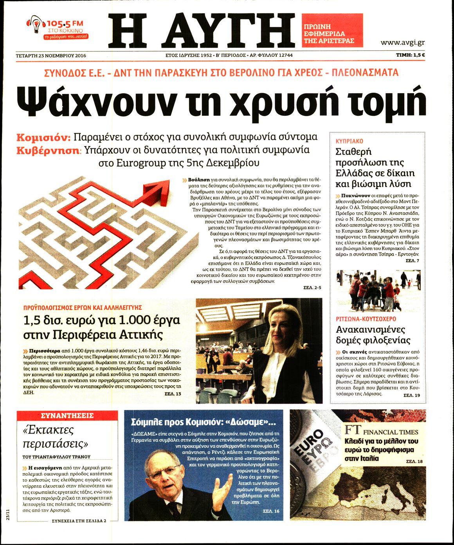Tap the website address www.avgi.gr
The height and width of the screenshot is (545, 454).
point(402,43)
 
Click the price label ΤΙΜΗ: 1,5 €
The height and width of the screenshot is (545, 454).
point(410,55)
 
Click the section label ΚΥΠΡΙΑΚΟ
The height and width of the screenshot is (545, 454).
point(350,141)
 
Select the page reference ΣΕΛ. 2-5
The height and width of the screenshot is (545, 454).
point(312,288)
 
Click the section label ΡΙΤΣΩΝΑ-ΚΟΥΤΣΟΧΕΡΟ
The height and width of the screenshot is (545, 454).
point(366,319)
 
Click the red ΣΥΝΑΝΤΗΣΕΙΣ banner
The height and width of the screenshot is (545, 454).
point(67,415)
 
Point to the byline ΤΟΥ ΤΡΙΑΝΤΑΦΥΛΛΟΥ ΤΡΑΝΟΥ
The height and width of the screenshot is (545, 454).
point(56,457)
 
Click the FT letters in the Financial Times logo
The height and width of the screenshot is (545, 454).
point(353,430)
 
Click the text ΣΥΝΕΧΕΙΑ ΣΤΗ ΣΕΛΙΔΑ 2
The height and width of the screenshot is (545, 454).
point(79,521)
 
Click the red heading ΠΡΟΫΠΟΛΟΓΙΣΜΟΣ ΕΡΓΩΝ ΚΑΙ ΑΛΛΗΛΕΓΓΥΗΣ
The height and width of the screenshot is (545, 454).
point(83,308)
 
